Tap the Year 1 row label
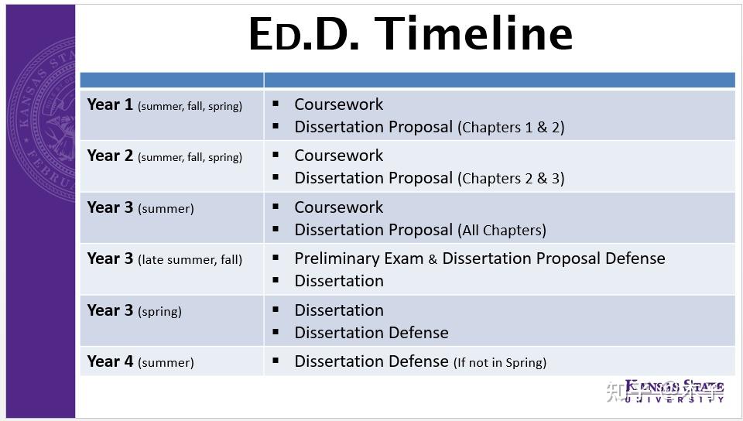tap(164, 105)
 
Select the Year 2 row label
tap(164, 156)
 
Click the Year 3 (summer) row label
tap(140, 207)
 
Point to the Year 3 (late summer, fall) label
tap(164, 259)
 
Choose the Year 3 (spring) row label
tap(134, 310)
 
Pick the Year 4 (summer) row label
tap(140, 361)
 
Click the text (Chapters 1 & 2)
tap(511, 128)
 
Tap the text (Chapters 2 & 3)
tap(511, 179)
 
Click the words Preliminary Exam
tap(358, 258)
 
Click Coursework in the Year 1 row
tap(338, 104)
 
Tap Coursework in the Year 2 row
tap(338, 156)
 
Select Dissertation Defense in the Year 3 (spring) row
tap(371, 333)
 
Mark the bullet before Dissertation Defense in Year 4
tap(276, 361)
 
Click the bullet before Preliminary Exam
tap(276, 258)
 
